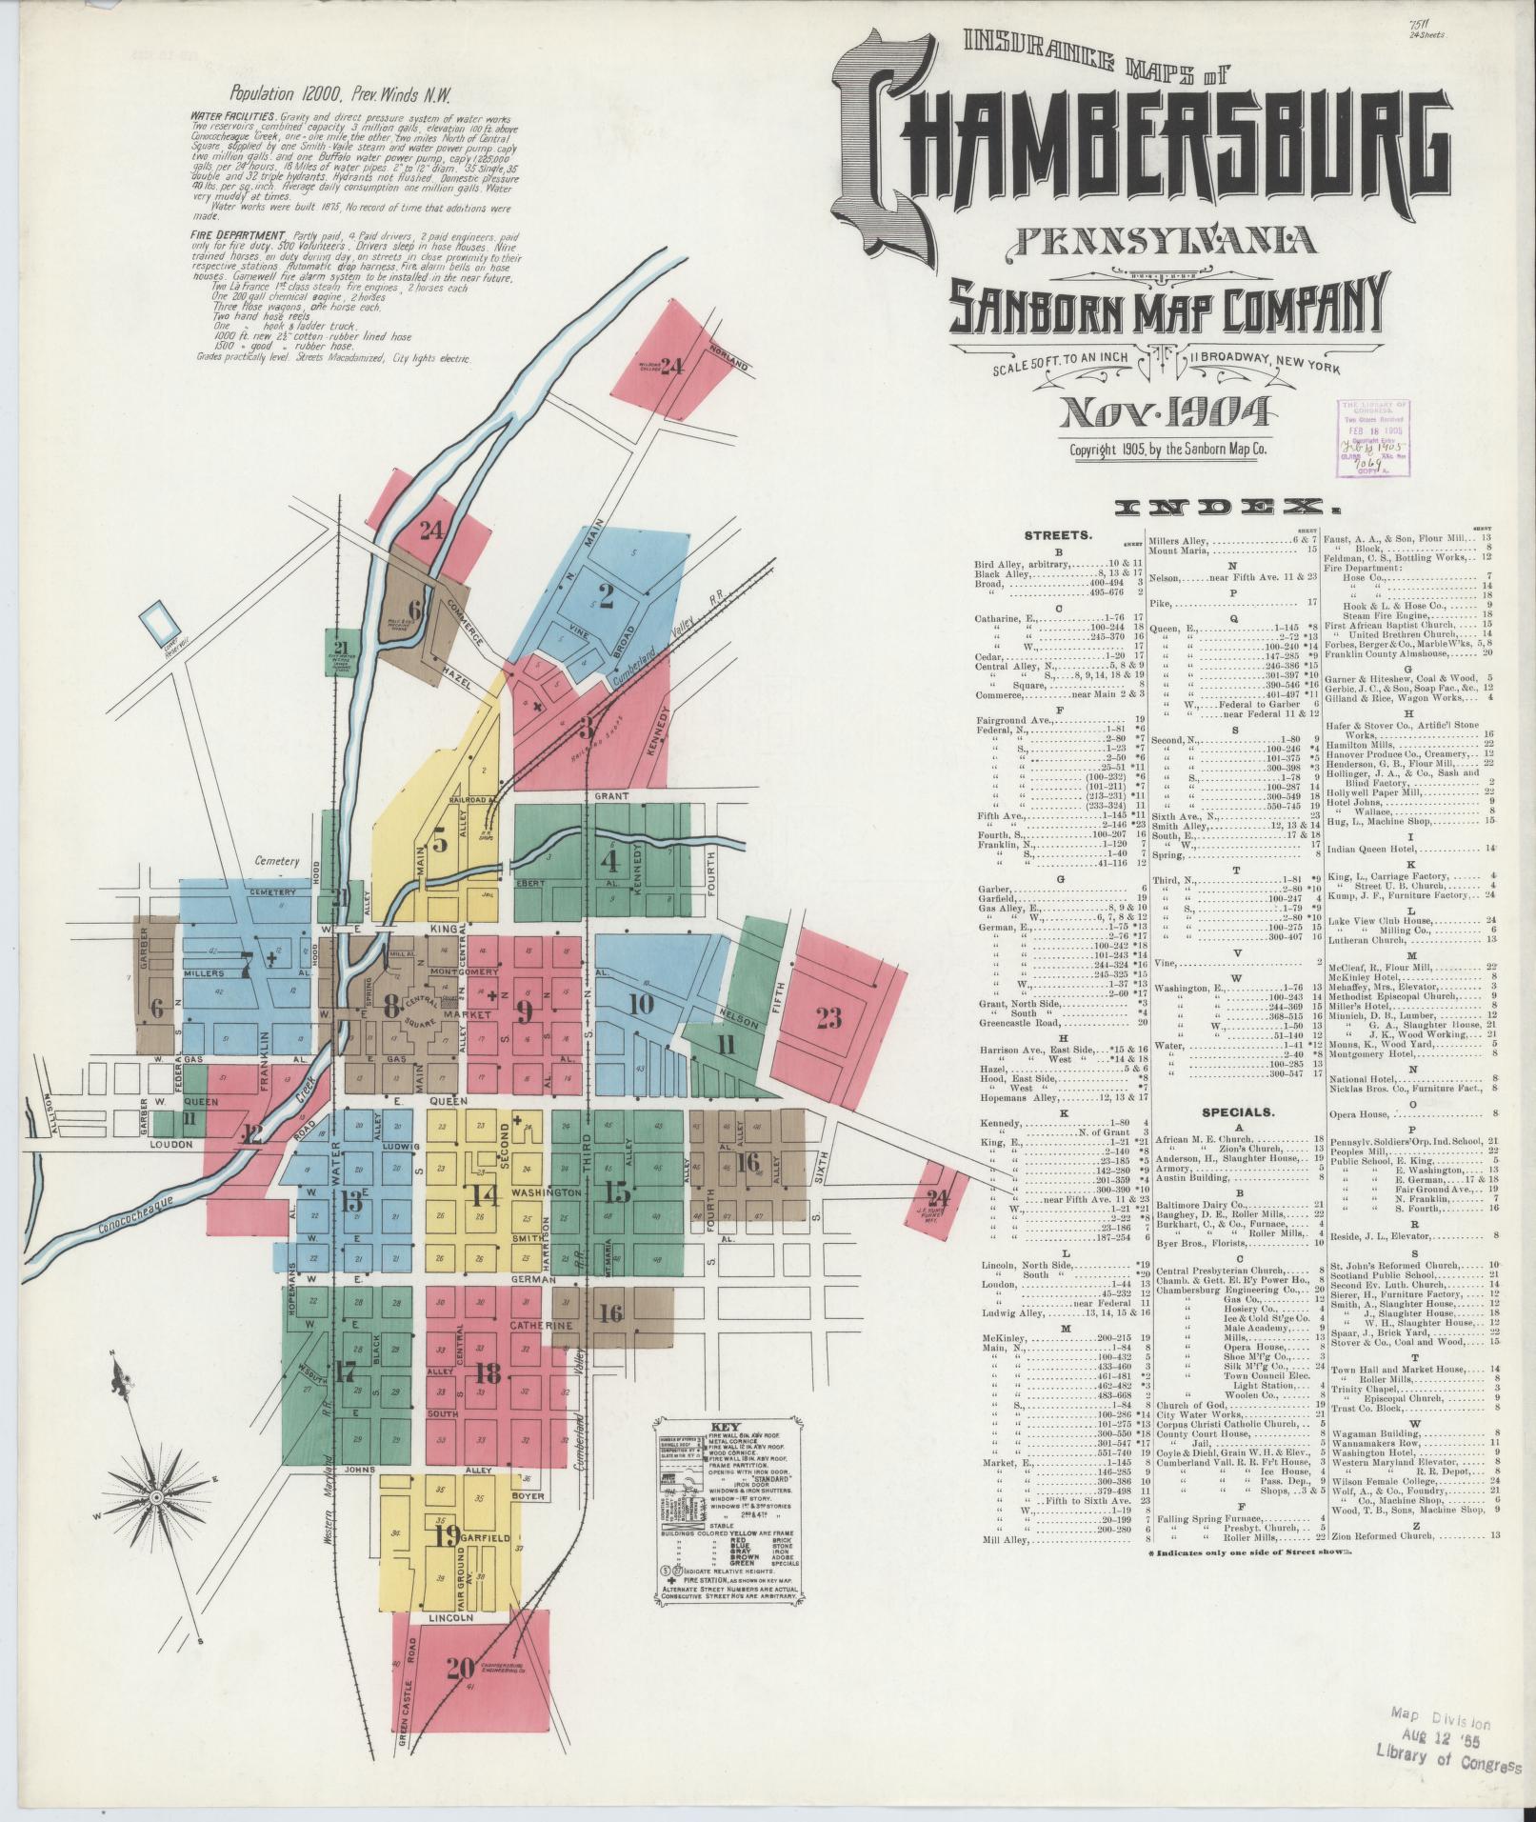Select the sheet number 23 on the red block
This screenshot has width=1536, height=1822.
tap(828, 1018)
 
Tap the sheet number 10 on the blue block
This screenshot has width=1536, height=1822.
tap(641, 1004)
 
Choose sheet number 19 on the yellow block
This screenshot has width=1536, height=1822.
tap(448, 1535)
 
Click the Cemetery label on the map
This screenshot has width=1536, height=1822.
tap(277, 861)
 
